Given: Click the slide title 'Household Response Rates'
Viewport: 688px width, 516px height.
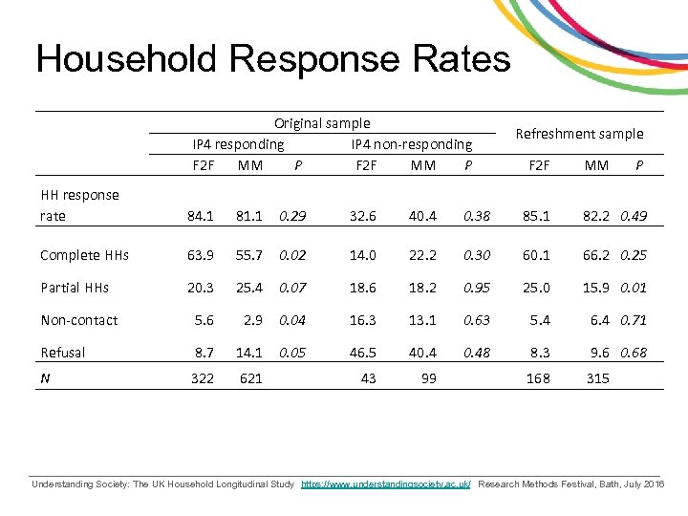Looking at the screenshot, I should pyautogui.click(x=273, y=59).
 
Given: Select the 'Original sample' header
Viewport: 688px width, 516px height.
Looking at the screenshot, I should pyautogui.click(x=322, y=123).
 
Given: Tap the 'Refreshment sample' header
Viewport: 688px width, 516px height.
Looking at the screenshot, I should pyautogui.click(x=579, y=134).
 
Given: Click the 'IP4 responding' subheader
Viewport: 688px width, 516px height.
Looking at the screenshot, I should pyautogui.click(x=238, y=144).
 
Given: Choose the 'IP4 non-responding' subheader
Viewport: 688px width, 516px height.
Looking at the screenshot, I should pyautogui.click(x=412, y=144).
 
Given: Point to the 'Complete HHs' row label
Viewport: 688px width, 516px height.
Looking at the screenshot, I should pyautogui.click(x=84, y=255).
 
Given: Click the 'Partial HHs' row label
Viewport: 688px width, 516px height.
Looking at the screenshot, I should pyautogui.click(x=75, y=288).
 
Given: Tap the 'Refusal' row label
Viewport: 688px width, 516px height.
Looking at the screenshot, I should pyautogui.click(x=63, y=353).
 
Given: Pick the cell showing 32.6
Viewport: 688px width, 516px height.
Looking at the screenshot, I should pyautogui.click(x=363, y=216).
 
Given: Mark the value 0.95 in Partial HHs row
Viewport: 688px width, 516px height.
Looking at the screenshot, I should pyautogui.click(x=476, y=288).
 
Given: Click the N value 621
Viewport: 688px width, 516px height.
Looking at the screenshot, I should pyautogui.click(x=250, y=379).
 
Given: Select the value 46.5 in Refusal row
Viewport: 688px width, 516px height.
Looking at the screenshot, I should pyautogui.click(x=363, y=353).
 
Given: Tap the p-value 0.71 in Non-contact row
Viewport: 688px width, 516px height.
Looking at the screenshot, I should pyautogui.click(x=633, y=320).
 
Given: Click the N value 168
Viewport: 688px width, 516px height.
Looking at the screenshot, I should pyautogui.click(x=539, y=379).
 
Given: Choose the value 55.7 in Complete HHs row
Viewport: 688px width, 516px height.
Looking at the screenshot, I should pyautogui.click(x=250, y=255).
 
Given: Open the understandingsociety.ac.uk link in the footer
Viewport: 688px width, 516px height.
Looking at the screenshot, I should pyautogui.click(x=386, y=485).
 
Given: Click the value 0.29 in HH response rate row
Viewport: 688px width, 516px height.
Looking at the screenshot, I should pyautogui.click(x=292, y=216).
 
